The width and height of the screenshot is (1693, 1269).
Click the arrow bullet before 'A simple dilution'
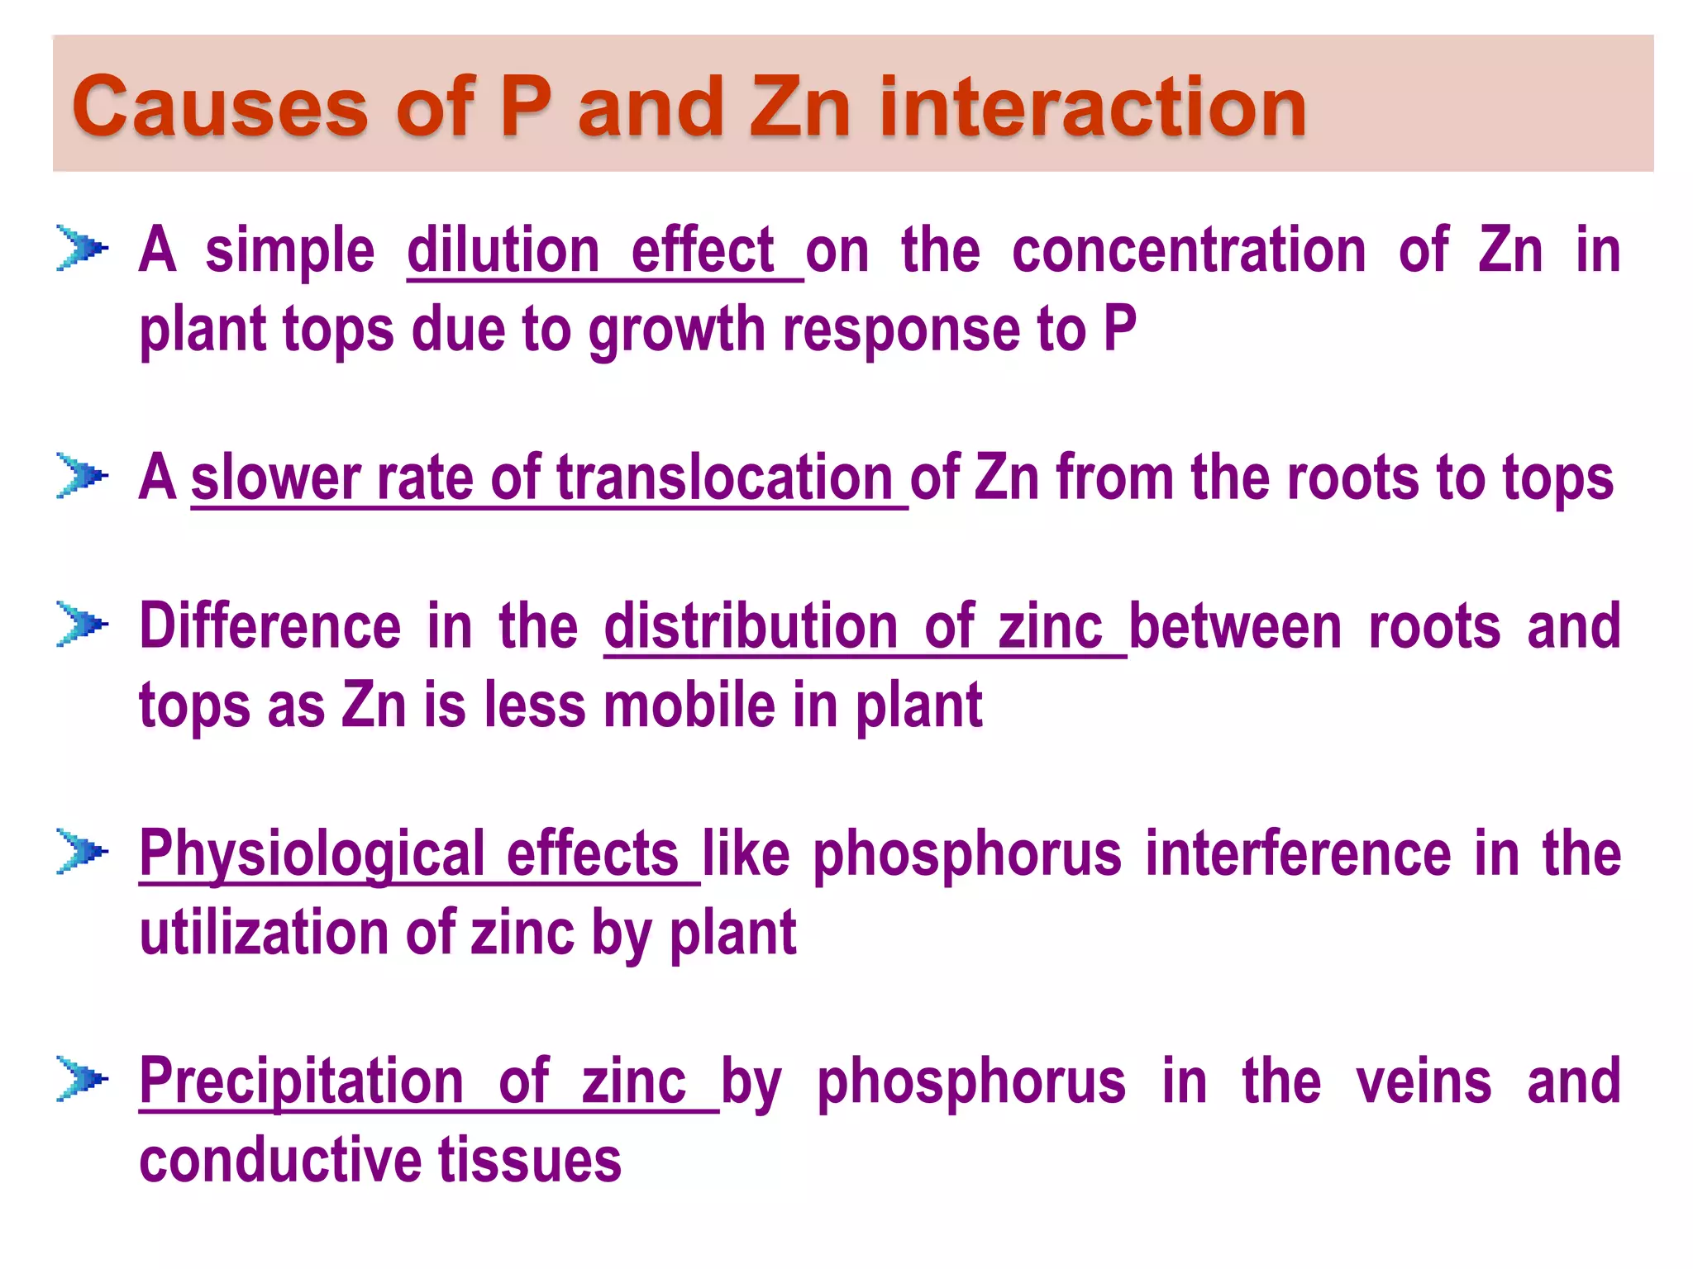point(82,247)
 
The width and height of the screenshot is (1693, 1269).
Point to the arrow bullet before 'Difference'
point(82,624)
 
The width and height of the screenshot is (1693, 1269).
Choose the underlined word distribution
point(751,626)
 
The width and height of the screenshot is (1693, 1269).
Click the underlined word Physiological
point(312,854)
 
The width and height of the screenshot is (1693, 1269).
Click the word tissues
point(529,1160)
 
